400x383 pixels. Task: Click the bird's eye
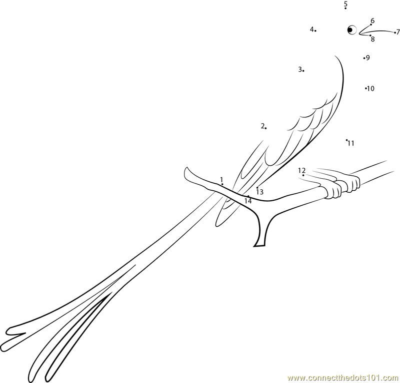tap(351, 30)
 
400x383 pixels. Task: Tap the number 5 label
tap(345, 3)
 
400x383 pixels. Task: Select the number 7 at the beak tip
tap(398, 32)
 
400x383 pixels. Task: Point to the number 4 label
tap(311, 29)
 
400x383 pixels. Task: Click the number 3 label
tap(299, 69)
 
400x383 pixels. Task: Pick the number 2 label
tap(262, 126)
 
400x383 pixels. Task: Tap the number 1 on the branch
tap(221, 179)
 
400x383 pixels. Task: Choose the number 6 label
tap(372, 20)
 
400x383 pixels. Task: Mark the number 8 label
tap(372, 39)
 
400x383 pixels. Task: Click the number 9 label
tap(368, 57)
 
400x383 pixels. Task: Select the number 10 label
tap(370, 89)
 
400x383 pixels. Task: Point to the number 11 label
tap(351, 143)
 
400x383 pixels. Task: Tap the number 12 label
tap(301, 171)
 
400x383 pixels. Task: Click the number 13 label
tap(259, 192)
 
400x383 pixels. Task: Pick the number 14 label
tap(248, 201)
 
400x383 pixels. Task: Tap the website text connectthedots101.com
tap(343, 378)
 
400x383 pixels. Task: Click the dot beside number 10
tap(365, 88)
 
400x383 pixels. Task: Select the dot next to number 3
tap(303, 70)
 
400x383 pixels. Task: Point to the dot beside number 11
tap(346, 140)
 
